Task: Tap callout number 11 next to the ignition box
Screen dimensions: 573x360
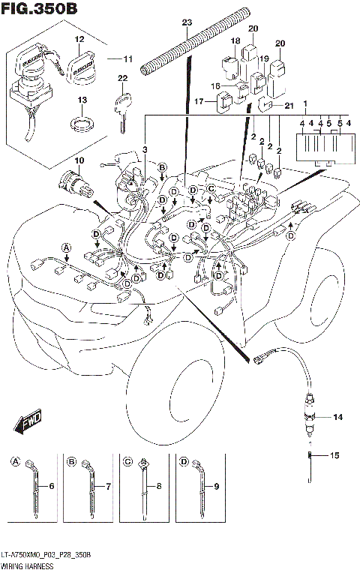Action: [x=127, y=58]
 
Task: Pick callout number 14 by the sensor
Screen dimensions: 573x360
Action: [x=337, y=416]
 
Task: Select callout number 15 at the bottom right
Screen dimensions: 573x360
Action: [x=335, y=455]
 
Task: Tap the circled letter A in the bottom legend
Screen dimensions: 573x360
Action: [x=16, y=463]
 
